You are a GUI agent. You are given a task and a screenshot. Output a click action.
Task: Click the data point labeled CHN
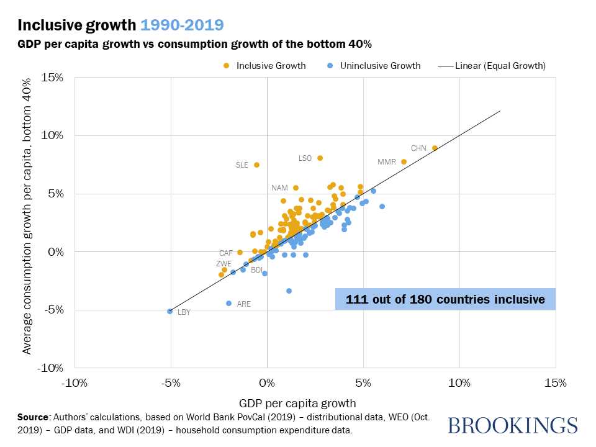click(435, 148)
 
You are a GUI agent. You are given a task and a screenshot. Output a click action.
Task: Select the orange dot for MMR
click(404, 161)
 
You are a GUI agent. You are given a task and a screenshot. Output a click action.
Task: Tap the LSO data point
click(320, 158)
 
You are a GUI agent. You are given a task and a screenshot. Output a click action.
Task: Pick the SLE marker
click(256, 165)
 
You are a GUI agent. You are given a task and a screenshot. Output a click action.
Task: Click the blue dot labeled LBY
click(169, 311)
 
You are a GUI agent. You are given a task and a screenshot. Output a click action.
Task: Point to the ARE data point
click(228, 303)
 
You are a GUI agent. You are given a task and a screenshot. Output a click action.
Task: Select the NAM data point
click(296, 187)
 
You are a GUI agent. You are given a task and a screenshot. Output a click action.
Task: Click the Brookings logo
click(512, 425)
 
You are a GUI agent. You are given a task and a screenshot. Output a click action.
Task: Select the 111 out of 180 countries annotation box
click(445, 299)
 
